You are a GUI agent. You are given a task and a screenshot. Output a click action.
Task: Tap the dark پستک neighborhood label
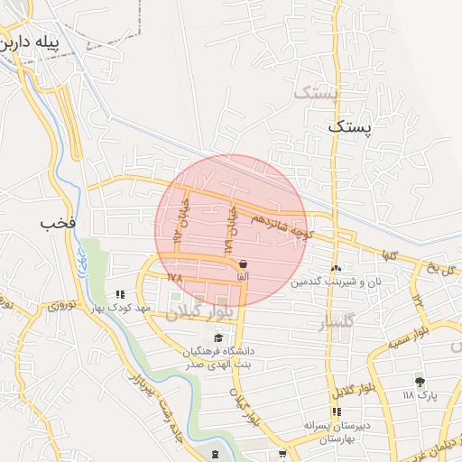[x=348, y=129]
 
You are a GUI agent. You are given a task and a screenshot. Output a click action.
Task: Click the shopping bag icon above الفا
[x=242, y=263]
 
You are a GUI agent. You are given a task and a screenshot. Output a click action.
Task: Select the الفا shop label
[x=242, y=274]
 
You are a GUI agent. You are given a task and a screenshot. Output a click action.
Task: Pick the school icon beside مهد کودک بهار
[x=119, y=294]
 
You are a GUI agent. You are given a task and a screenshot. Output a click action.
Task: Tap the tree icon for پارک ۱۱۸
[x=419, y=382]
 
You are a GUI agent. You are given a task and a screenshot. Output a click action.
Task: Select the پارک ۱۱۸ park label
[x=420, y=395]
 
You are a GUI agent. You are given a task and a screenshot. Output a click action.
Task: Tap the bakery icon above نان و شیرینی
[x=336, y=268]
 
